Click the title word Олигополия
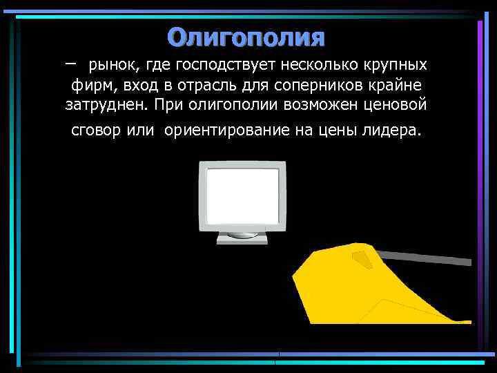246,37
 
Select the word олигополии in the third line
223,106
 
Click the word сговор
96,131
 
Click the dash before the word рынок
72,63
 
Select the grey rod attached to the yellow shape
428,258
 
